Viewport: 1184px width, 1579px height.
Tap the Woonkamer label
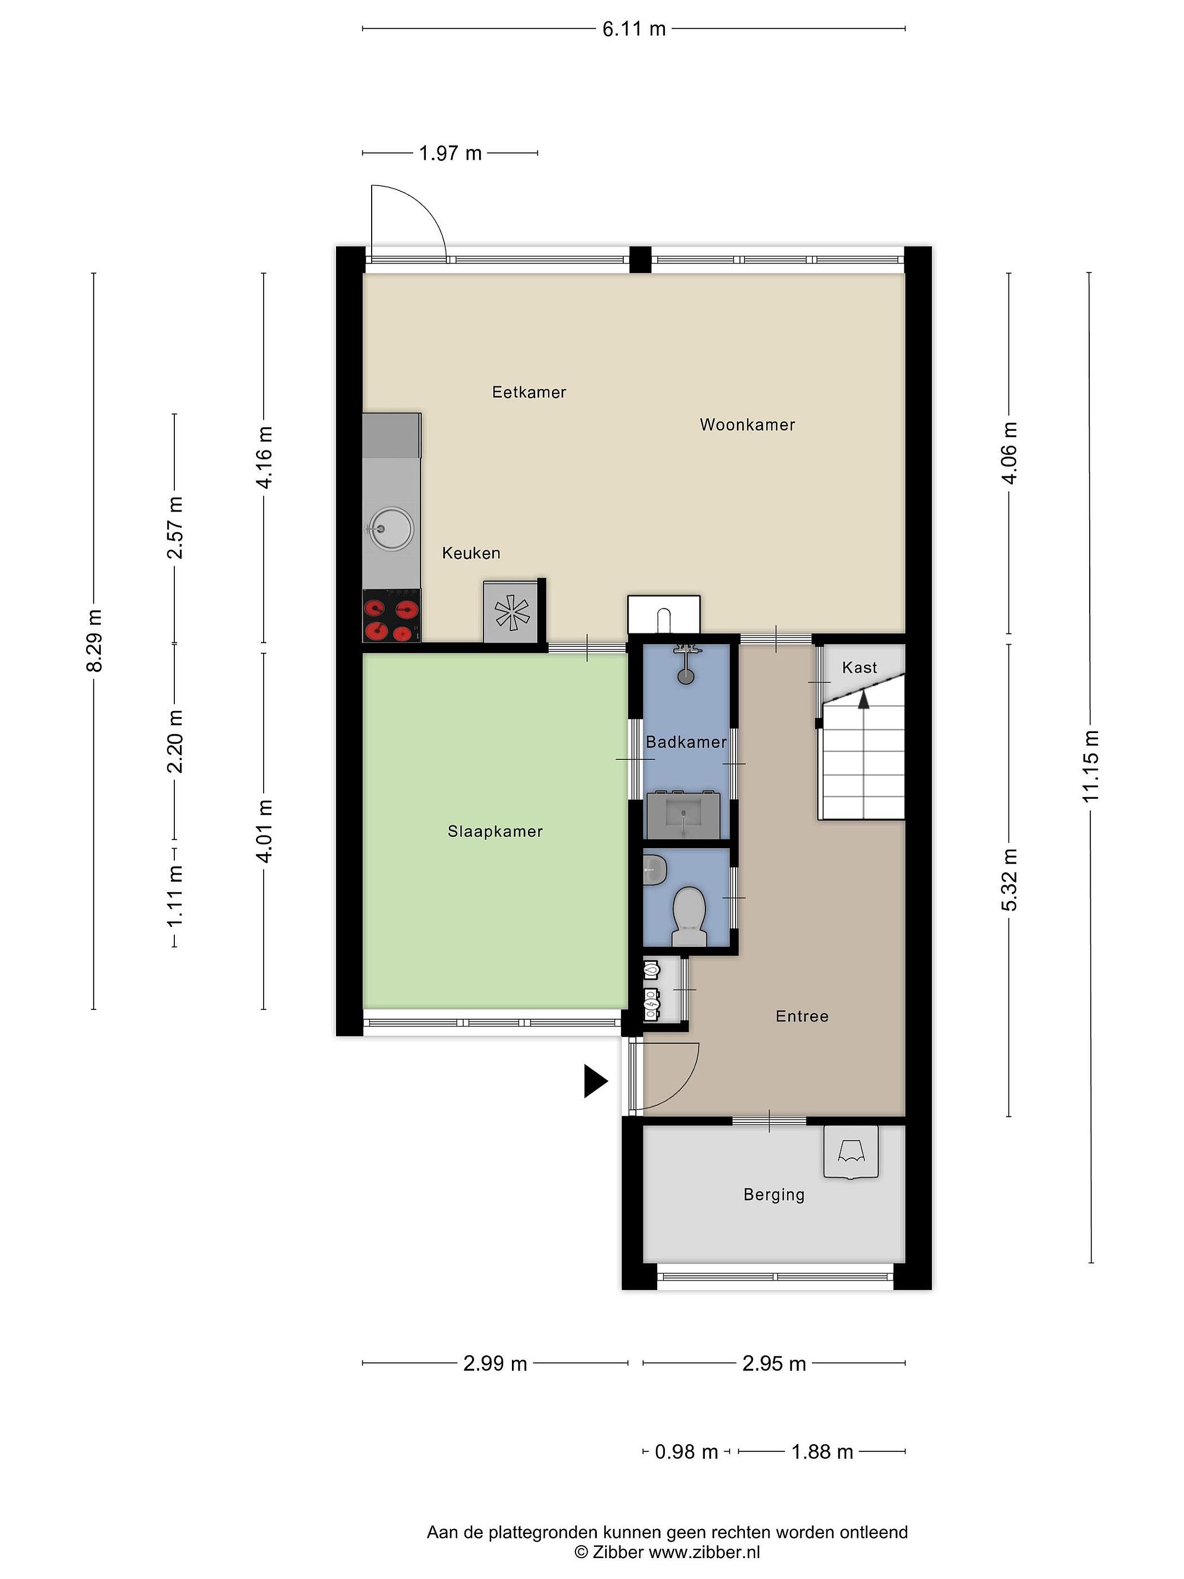747,425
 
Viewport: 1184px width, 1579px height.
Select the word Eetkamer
529,392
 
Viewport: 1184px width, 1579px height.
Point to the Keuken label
471,553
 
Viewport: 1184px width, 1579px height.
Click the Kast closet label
859,667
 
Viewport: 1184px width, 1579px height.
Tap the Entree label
802,1016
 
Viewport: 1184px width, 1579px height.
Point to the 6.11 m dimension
634,29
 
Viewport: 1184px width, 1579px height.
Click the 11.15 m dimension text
1090,766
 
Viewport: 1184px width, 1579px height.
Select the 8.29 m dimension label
94,640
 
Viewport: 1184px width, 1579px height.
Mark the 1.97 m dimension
451,153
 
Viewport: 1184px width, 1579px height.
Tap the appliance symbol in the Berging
851,1152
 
